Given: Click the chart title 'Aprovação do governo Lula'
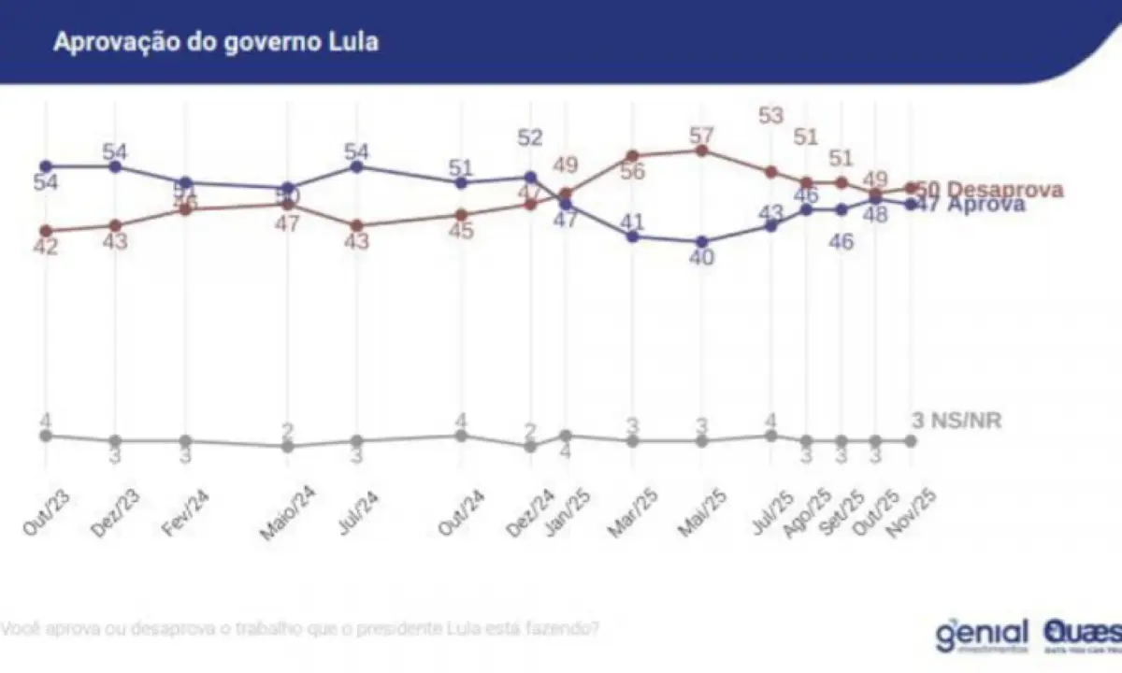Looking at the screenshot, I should tap(216, 42).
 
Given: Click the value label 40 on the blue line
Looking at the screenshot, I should tap(701, 258).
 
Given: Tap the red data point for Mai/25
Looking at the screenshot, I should tap(701, 150).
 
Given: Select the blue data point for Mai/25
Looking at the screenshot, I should tap(701, 241).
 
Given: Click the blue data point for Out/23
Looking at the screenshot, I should tap(45, 165).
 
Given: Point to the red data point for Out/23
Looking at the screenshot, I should tap(45, 231).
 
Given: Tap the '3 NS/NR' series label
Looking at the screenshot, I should tap(956, 421).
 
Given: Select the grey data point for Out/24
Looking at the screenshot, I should tap(460, 436).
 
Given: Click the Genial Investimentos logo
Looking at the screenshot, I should tap(982, 635).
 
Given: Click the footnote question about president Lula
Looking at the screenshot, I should tap(299, 627).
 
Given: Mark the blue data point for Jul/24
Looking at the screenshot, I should tap(355, 166).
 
